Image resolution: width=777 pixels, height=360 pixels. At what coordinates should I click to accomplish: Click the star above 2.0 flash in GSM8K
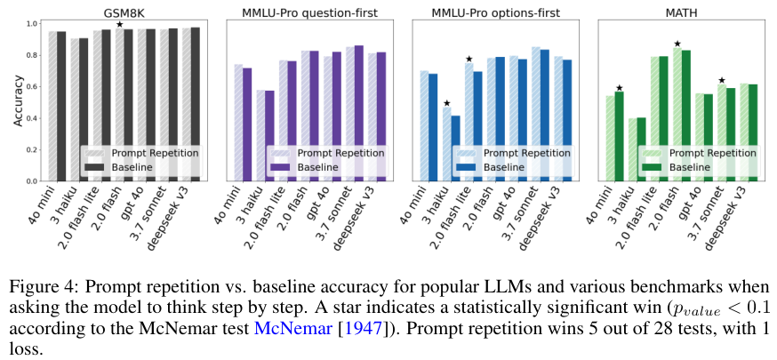(120, 24)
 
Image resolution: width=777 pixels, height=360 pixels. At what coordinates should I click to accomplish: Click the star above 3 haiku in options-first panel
(447, 103)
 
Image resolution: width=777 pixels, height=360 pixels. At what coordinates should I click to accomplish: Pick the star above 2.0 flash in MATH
(677, 44)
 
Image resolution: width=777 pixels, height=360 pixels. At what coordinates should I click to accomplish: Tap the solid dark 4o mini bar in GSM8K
(61, 106)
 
